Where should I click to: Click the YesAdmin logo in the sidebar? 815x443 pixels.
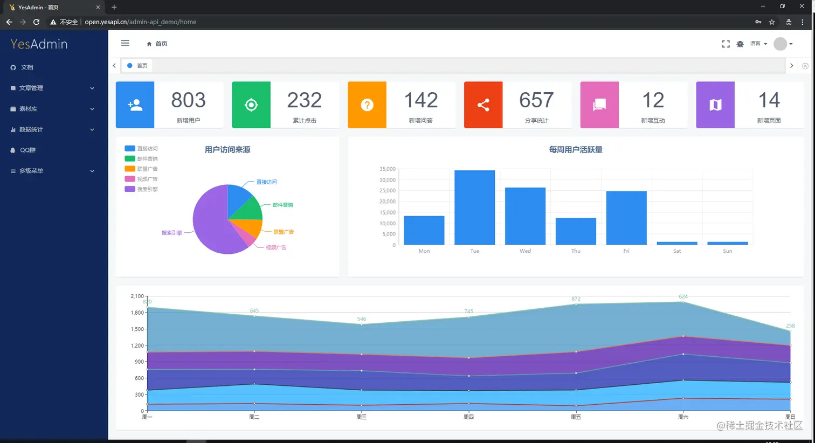(39, 44)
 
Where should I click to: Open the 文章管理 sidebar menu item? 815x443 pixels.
(31, 88)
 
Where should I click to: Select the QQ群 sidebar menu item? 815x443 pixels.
(27, 150)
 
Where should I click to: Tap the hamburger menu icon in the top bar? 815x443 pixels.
(125, 43)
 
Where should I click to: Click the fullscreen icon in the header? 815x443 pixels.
(726, 44)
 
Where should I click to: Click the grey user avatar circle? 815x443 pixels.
(779, 44)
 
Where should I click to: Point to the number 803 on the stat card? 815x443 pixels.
(188, 100)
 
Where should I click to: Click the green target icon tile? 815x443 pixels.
(251, 105)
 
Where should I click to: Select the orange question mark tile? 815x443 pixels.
(367, 105)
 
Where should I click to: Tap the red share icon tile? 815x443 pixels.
(483, 105)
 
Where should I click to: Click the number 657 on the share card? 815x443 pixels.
(536, 100)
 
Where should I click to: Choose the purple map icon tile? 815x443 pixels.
(715, 105)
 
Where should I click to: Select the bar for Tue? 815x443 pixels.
(474, 207)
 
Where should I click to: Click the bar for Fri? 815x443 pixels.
(626, 218)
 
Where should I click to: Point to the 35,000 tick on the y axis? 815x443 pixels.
(387, 169)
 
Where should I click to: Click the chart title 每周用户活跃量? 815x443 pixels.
(576, 150)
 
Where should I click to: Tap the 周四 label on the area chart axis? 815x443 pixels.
(468, 417)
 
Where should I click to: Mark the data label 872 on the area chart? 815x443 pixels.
(576, 299)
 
